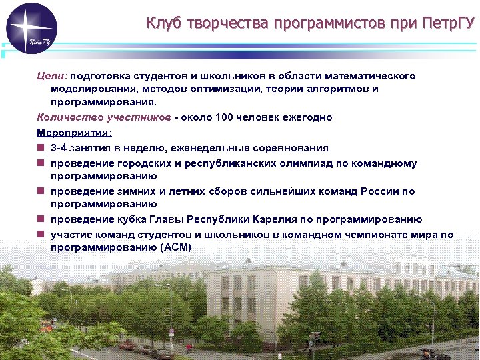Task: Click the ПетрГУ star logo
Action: (31, 28)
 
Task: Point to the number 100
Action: (225, 117)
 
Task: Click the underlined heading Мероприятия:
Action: (70, 132)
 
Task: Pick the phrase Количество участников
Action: (103, 117)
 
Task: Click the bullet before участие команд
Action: (41, 235)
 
